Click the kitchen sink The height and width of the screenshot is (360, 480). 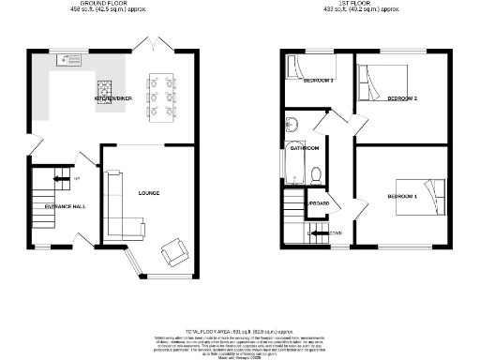coord(70,62)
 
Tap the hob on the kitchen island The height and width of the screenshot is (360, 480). coord(103,90)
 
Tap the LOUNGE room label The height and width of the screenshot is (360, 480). coord(148,194)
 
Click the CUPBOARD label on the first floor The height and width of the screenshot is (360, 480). coord(317,202)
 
